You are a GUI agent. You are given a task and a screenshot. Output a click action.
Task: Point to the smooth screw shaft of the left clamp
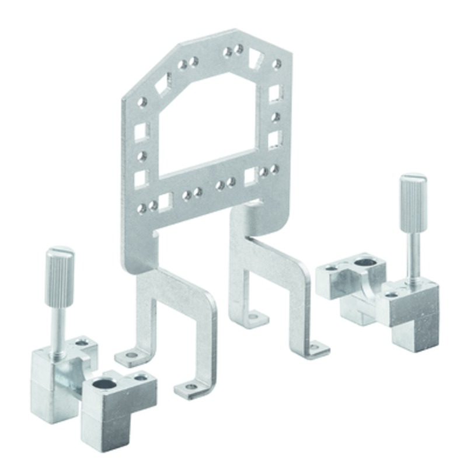coord(60,326)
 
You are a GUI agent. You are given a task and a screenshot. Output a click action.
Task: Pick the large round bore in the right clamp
coord(365,262)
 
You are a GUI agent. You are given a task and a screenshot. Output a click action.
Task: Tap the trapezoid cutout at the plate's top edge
coord(256,57)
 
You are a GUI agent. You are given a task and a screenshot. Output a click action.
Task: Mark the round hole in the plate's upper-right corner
coord(277,64)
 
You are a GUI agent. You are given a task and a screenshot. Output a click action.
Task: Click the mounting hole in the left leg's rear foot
coord(132,354)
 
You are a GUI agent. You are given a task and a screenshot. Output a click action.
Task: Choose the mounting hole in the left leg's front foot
coord(191,386)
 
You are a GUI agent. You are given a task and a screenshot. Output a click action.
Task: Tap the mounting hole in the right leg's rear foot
coord(253,317)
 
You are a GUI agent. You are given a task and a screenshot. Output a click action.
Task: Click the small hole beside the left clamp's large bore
coord(141,378)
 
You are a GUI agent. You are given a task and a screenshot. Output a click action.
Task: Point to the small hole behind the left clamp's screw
coord(82,342)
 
